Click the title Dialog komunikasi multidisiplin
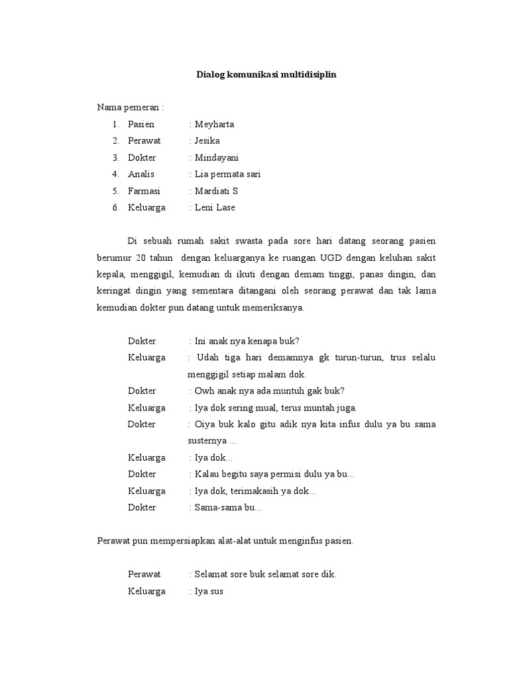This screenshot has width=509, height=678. (266, 75)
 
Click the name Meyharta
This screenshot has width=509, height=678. (214, 124)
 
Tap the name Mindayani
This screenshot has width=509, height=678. (216, 158)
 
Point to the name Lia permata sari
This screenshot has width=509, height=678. (227, 174)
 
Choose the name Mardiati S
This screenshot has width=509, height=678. (216, 191)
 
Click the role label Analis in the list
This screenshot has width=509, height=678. (141, 174)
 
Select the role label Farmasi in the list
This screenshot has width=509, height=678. (144, 191)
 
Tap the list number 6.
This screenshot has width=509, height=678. (115, 207)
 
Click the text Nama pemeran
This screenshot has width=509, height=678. (128, 107)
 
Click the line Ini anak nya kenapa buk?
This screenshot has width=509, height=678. (247, 341)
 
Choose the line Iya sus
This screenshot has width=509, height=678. (209, 591)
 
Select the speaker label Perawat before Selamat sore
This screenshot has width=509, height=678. (144, 574)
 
